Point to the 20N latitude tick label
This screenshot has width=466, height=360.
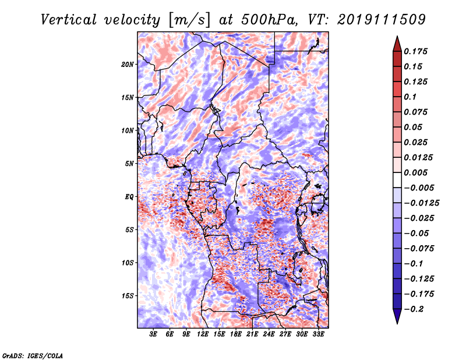pyautogui.click(x=128, y=64)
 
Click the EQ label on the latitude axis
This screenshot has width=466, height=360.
pyautogui.click(x=129, y=197)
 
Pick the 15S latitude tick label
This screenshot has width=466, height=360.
pyautogui.click(x=128, y=296)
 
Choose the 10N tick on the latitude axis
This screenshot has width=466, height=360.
pyautogui.click(x=128, y=130)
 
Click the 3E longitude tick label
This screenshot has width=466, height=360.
pyautogui.click(x=154, y=334)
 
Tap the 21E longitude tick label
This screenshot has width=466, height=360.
pyautogui.click(x=253, y=334)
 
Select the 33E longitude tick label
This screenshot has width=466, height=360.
pyautogui.click(x=319, y=334)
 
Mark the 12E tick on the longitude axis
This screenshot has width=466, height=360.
pyautogui.click(x=203, y=334)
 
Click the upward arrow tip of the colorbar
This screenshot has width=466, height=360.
pyautogui.click(x=397, y=38)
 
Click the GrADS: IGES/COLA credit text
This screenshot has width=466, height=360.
pyautogui.click(x=32, y=355)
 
